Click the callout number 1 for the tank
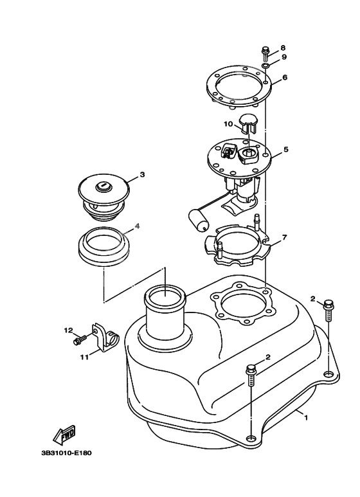point(306,418)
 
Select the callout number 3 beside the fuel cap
point(142,174)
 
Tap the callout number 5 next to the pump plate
point(285,150)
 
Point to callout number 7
point(284,237)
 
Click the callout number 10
point(228,123)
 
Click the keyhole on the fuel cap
point(102,186)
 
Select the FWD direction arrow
point(65,437)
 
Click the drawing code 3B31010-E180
point(66,453)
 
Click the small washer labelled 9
point(265,66)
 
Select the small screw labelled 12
point(79,339)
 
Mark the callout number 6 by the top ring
point(284,77)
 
